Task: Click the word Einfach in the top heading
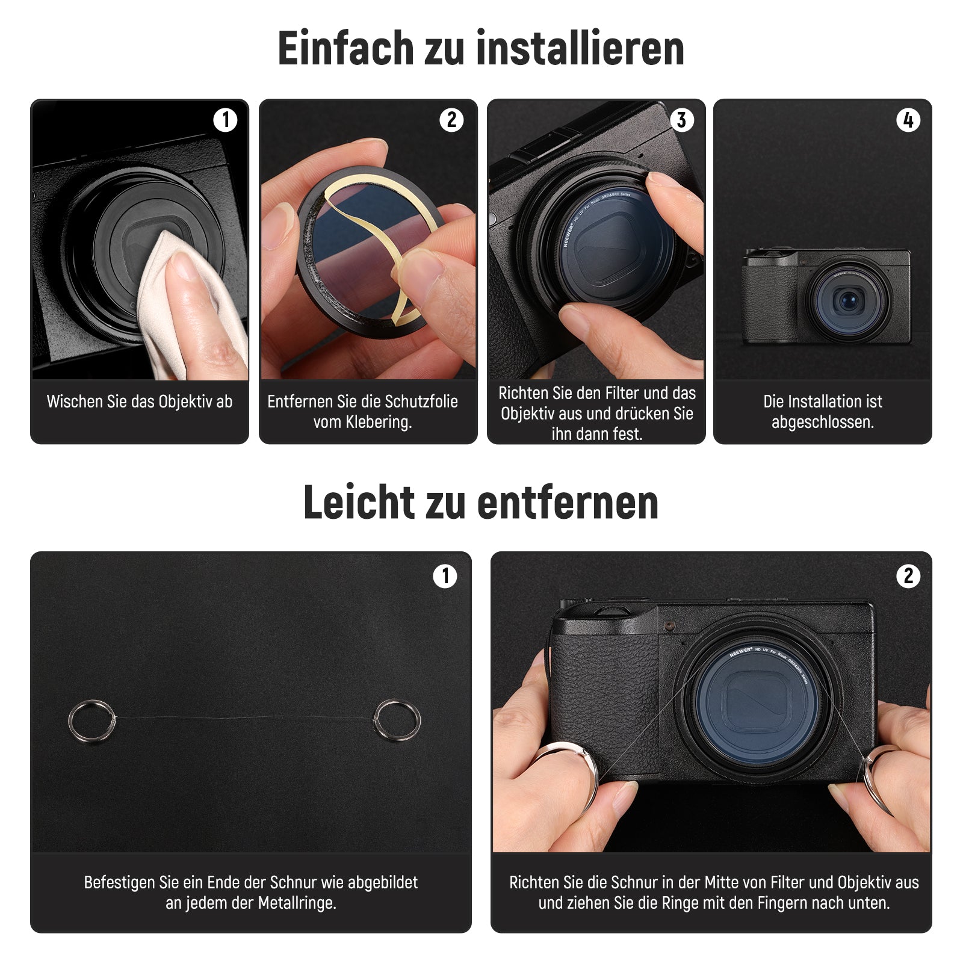(345, 48)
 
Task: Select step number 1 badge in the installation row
(225, 120)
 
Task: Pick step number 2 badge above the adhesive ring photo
(451, 120)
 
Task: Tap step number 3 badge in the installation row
(681, 120)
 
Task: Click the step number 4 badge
(908, 120)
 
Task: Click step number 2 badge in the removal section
(908, 576)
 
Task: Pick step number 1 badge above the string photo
(445, 576)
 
